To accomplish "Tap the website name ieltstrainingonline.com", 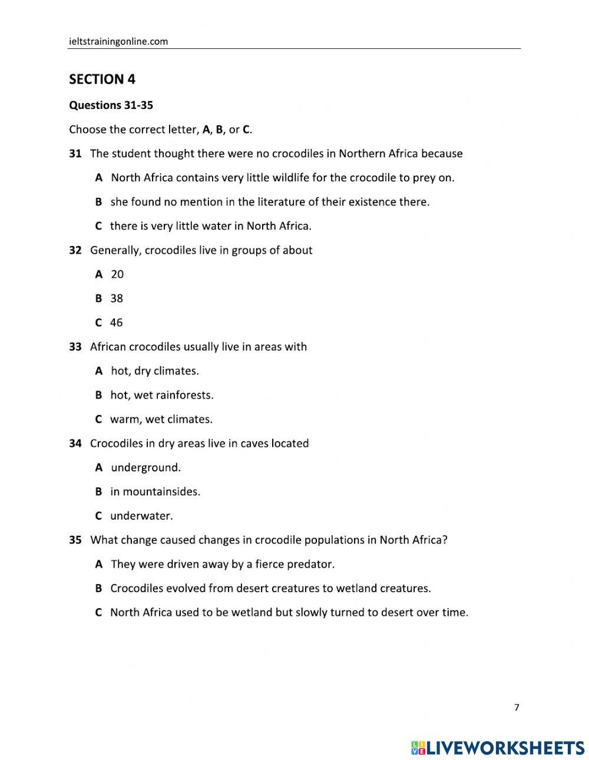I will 118,41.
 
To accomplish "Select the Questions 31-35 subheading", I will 111,105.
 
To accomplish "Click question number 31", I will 75,154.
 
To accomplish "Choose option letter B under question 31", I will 98,202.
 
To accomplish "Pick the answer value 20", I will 117,274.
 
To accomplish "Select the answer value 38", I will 117,298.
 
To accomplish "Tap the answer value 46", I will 117,323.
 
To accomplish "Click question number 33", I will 75,347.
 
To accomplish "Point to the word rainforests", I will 184,395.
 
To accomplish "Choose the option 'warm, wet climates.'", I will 161,420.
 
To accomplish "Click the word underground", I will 145,468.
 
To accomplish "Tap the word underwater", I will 141,516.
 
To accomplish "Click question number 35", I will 75,540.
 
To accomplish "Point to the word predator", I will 310,565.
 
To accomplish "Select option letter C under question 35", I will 98,613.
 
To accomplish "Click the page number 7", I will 517,708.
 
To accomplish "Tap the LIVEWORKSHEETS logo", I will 498,748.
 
